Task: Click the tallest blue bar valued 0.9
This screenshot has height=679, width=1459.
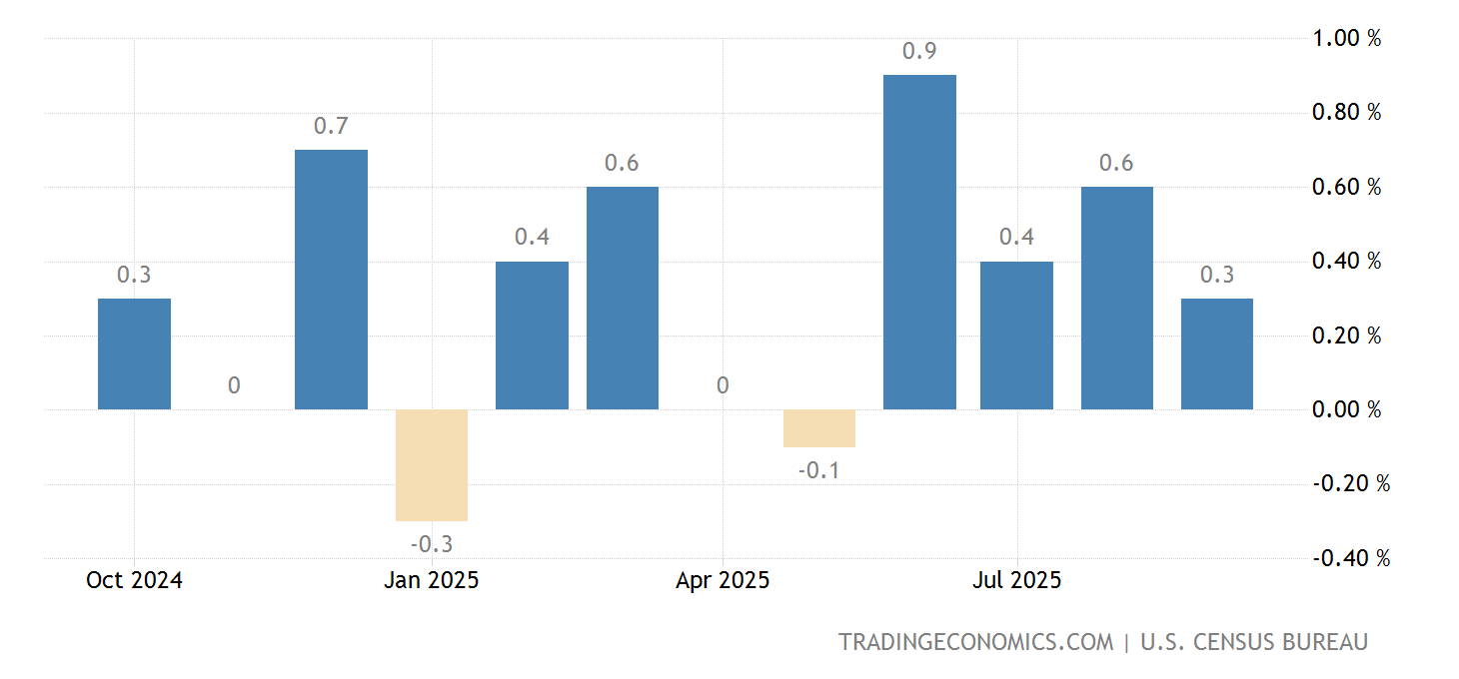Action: (x=919, y=242)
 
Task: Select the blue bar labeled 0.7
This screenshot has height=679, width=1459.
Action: (x=331, y=280)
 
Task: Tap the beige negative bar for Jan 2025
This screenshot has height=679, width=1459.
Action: (x=432, y=464)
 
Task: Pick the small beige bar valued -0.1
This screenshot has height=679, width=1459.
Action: (x=819, y=428)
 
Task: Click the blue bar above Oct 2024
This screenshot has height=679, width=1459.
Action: (x=134, y=353)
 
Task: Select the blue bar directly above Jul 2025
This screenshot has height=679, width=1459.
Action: (x=1016, y=336)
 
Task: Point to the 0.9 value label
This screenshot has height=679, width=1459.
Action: (x=919, y=51)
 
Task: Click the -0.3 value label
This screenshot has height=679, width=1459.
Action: (x=432, y=544)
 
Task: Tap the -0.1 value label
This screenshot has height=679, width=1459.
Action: (x=819, y=470)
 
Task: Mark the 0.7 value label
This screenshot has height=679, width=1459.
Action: (x=331, y=126)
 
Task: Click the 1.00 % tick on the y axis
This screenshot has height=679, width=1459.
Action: (x=1346, y=38)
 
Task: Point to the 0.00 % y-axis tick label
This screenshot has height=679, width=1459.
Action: (x=1346, y=409)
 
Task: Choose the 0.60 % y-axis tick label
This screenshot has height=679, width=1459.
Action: (x=1346, y=187)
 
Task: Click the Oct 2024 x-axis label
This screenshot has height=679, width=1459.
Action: (x=134, y=580)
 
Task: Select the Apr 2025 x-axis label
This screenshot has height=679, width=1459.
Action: (x=723, y=580)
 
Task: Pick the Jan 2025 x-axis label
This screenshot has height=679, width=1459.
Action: (x=431, y=580)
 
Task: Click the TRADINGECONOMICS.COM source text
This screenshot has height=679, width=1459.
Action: (x=975, y=642)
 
